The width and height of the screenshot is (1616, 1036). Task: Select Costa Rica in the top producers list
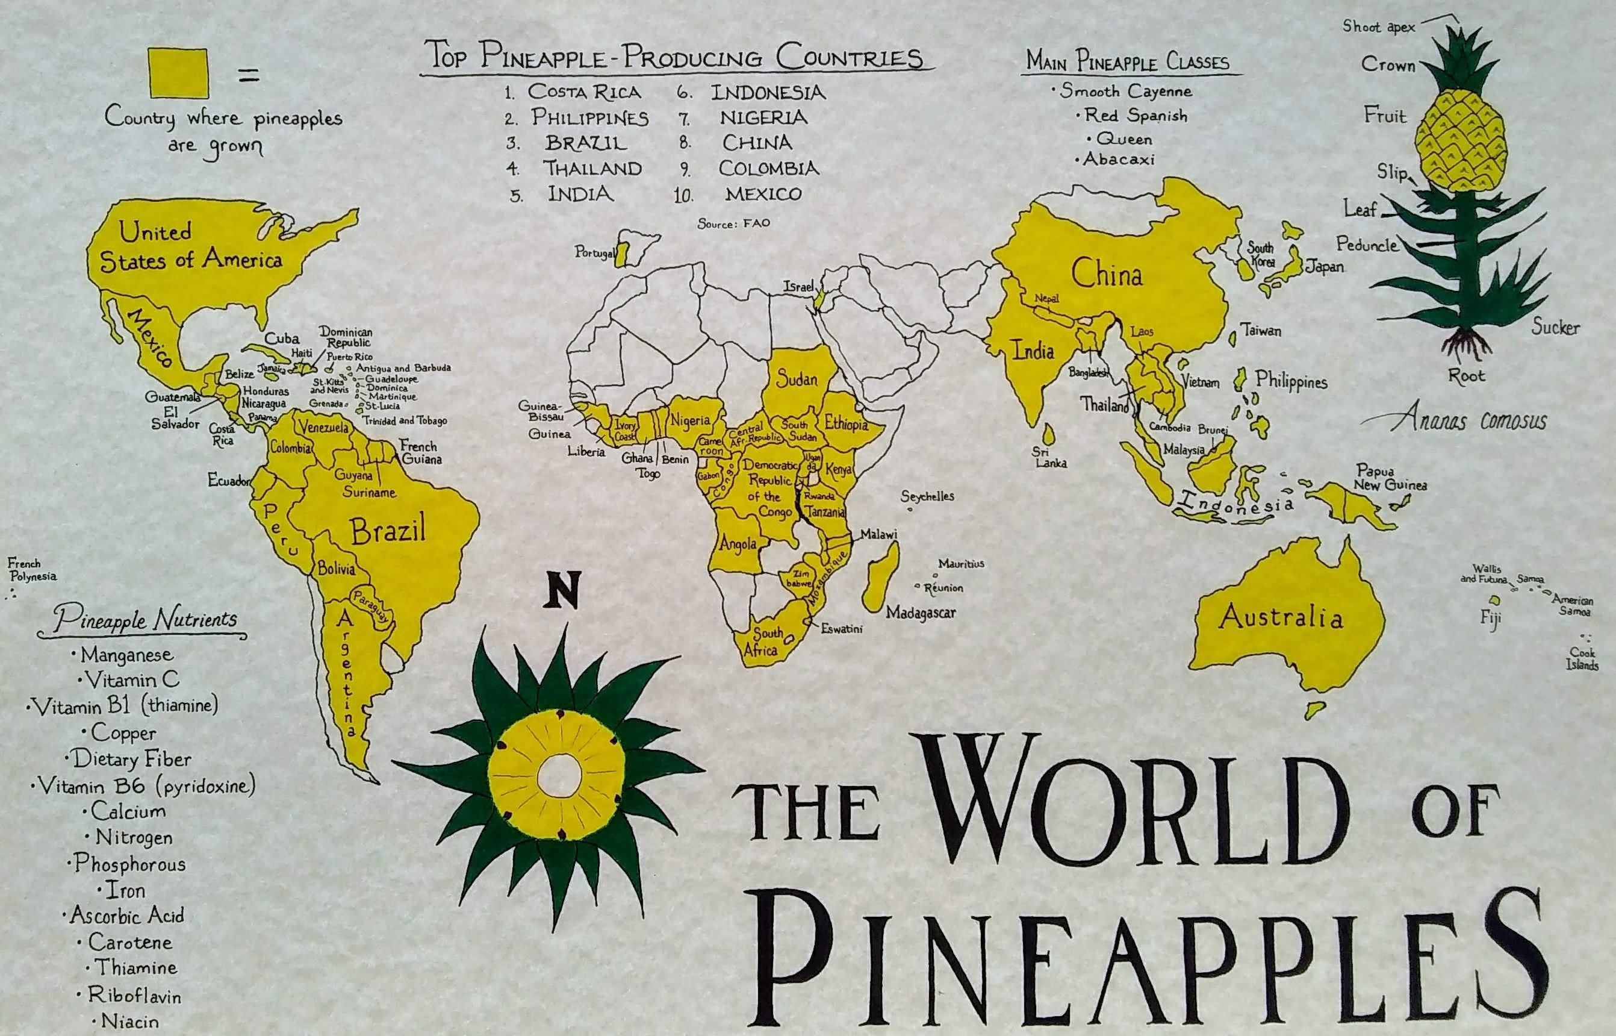click(584, 92)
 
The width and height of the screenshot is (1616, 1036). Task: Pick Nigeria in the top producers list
click(763, 117)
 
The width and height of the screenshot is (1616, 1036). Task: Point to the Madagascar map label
click(920, 613)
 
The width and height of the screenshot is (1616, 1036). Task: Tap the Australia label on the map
click(1281, 616)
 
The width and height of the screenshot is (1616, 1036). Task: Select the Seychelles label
click(927, 496)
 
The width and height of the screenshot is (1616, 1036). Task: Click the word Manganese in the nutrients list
click(126, 654)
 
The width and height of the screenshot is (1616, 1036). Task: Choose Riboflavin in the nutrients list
click(134, 995)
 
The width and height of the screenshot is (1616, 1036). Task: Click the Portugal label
click(594, 253)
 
